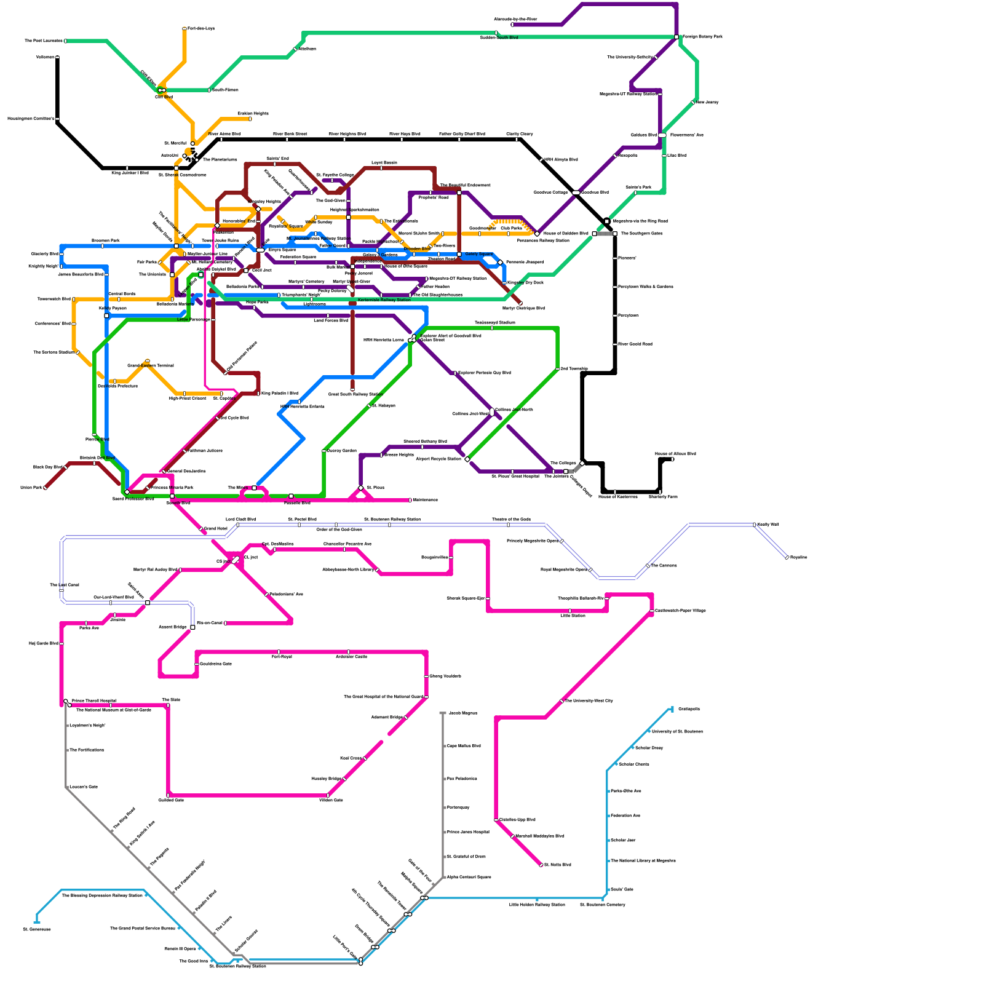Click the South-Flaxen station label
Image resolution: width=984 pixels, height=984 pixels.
click(225, 90)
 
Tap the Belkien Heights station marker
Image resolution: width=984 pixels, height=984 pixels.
click(250, 119)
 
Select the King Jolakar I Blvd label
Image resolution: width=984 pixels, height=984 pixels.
click(130, 173)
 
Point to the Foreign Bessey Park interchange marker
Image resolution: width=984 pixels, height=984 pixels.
click(676, 37)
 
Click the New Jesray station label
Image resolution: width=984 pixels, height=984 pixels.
click(707, 102)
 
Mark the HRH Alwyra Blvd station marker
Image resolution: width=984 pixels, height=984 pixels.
click(541, 160)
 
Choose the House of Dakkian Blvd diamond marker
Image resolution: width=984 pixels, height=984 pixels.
click(537, 234)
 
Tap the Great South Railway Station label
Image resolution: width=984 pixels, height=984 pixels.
click(355, 395)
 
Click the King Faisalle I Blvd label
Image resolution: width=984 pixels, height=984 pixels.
click(280, 394)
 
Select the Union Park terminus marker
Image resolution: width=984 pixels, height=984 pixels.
click(46, 488)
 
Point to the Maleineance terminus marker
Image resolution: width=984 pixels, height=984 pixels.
click(410, 500)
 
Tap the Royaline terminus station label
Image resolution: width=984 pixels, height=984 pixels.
click(799, 558)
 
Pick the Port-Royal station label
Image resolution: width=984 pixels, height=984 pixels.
click(282, 657)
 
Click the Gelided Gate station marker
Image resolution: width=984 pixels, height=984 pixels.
click(168, 795)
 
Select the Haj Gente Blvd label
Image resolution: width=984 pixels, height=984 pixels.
click(43, 644)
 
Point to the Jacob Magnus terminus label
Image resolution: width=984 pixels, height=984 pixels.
click(462, 713)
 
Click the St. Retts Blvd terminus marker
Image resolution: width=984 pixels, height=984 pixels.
click(541, 865)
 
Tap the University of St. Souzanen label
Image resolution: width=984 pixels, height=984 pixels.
click(677, 732)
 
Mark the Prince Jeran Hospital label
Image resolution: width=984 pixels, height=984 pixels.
click(468, 832)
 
